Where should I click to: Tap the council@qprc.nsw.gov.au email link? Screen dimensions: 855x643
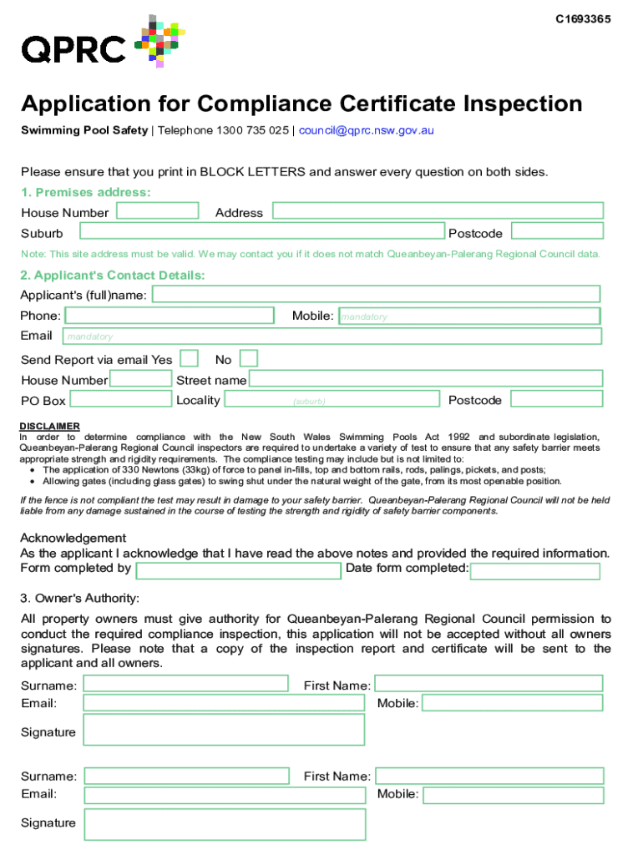coord(367,130)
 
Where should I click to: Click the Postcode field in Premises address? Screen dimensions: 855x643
coord(556,231)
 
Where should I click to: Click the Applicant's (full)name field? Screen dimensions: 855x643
coord(376,294)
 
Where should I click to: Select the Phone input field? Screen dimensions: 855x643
coord(170,316)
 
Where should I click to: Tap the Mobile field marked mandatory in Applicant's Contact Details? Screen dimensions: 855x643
coord(469,316)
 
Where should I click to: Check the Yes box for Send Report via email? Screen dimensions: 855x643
coord(190,359)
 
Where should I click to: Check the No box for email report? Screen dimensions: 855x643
coord(249,359)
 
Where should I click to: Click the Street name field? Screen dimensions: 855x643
coord(426,379)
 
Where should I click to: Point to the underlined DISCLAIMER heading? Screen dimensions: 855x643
coord(50,426)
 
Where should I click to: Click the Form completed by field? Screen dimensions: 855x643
coord(240,570)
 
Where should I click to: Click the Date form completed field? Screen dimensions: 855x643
coord(535,571)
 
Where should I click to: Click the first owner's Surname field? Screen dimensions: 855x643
coord(186,684)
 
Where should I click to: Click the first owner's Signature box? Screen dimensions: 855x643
coord(224,730)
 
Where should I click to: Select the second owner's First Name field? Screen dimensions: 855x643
coord(489,775)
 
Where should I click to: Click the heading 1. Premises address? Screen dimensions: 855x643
coord(86,192)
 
